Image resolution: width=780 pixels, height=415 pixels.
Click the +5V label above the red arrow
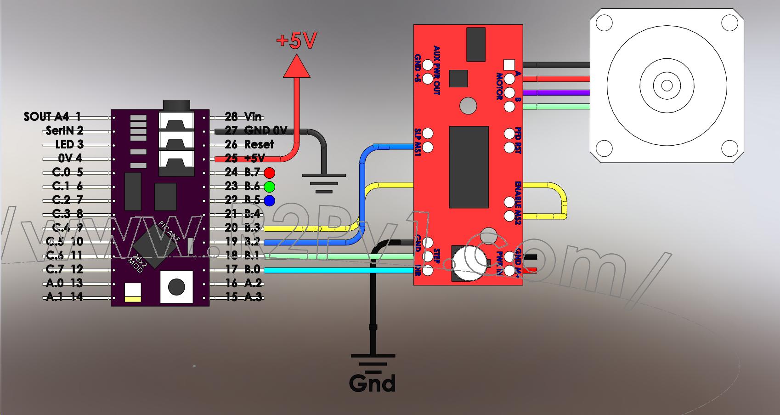(x=297, y=41)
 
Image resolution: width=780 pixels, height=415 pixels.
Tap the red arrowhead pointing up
(x=297, y=66)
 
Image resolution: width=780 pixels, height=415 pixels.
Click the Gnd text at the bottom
(x=372, y=383)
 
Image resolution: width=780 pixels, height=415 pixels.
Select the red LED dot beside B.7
(x=269, y=173)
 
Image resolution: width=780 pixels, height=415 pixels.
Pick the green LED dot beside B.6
(x=269, y=187)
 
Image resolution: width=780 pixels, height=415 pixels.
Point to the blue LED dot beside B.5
(x=269, y=200)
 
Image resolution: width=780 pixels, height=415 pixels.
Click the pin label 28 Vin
(x=243, y=117)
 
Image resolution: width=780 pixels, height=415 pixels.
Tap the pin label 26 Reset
(x=249, y=144)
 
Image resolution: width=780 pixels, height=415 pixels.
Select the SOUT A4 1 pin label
(x=52, y=117)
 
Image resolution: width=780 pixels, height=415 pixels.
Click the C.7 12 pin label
(x=64, y=269)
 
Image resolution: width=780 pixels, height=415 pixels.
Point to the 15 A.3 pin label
(x=243, y=297)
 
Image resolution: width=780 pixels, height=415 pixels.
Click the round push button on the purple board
(x=176, y=287)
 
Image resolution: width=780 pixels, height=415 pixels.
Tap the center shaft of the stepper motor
(x=667, y=85)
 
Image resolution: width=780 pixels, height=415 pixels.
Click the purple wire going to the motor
(x=556, y=93)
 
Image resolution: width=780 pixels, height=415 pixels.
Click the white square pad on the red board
(x=509, y=65)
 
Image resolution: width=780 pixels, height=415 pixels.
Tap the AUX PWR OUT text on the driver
(x=436, y=70)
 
